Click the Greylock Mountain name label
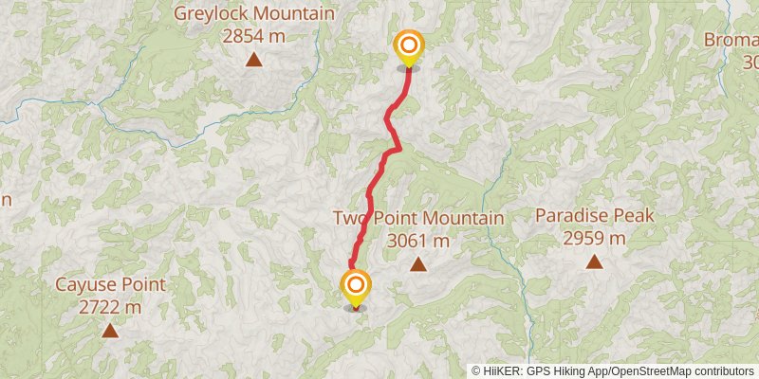coord(253,14)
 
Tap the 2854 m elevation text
coord(253,36)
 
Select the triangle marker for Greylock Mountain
coord(253,61)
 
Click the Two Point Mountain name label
coord(417,219)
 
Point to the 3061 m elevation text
coord(417,241)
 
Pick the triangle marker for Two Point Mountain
coord(417,264)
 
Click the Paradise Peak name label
coord(594,216)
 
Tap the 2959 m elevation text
coord(594,238)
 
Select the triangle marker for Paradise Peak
coord(594,262)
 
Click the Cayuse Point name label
coord(110,285)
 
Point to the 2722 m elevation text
coord(110,307)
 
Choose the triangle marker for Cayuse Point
coord(110,331)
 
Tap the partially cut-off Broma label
coord(731,40)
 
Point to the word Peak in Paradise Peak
coord(635,216)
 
